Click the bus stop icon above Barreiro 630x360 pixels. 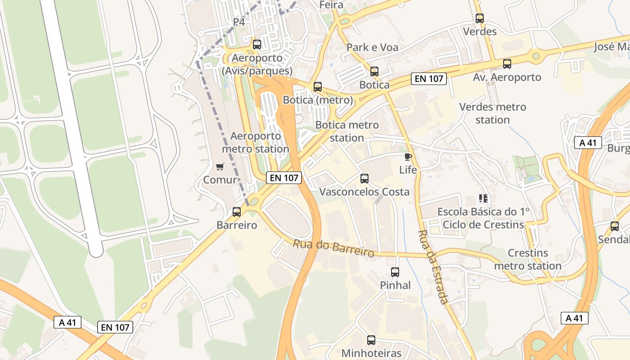point(237,211)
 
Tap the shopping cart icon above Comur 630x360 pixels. point(220,167)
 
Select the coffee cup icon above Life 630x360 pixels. point(408,157)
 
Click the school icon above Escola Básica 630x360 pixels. point(483,198)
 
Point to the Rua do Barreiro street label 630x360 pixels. point(333,248)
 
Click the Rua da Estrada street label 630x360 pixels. point(433,267)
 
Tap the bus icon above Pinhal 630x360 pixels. point(395,272)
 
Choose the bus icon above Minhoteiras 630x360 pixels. point(371,340)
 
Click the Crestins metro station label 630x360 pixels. point(528,259)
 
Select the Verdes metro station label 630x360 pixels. point(493,113)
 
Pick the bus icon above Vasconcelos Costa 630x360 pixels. point(364,179)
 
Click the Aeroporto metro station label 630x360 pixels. point(256,142)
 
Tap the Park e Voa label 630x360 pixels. point(372,47)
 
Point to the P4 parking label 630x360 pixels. point(239,22)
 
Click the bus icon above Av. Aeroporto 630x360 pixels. point(507,64)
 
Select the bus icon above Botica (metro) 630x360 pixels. point(318,87)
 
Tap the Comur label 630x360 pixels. point(220,180)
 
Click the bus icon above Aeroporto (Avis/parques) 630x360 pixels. point(257,45)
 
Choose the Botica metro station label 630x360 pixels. point(347,131)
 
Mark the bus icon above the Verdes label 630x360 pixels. point(480,18)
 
